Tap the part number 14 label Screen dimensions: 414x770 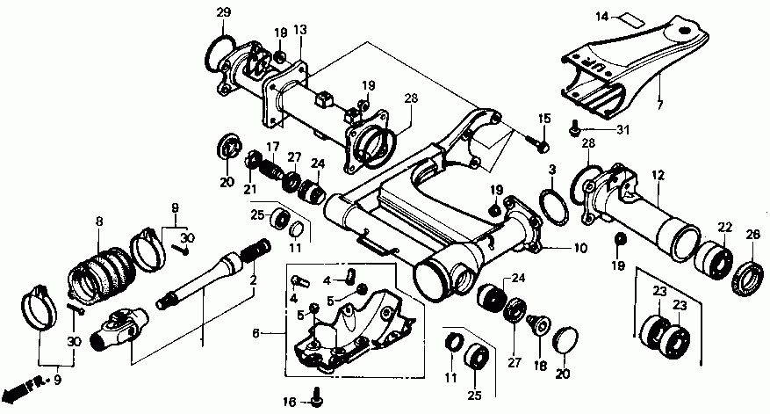point(602,17)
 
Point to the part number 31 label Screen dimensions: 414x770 point(622,131)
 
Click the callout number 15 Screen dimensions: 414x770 point(543,119)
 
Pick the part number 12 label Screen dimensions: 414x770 point(654,175)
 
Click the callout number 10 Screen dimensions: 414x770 point(579,249)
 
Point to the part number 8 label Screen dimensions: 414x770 point(98,222)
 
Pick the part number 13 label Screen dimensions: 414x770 point(300,30)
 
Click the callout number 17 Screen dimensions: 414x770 point(273,147)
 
